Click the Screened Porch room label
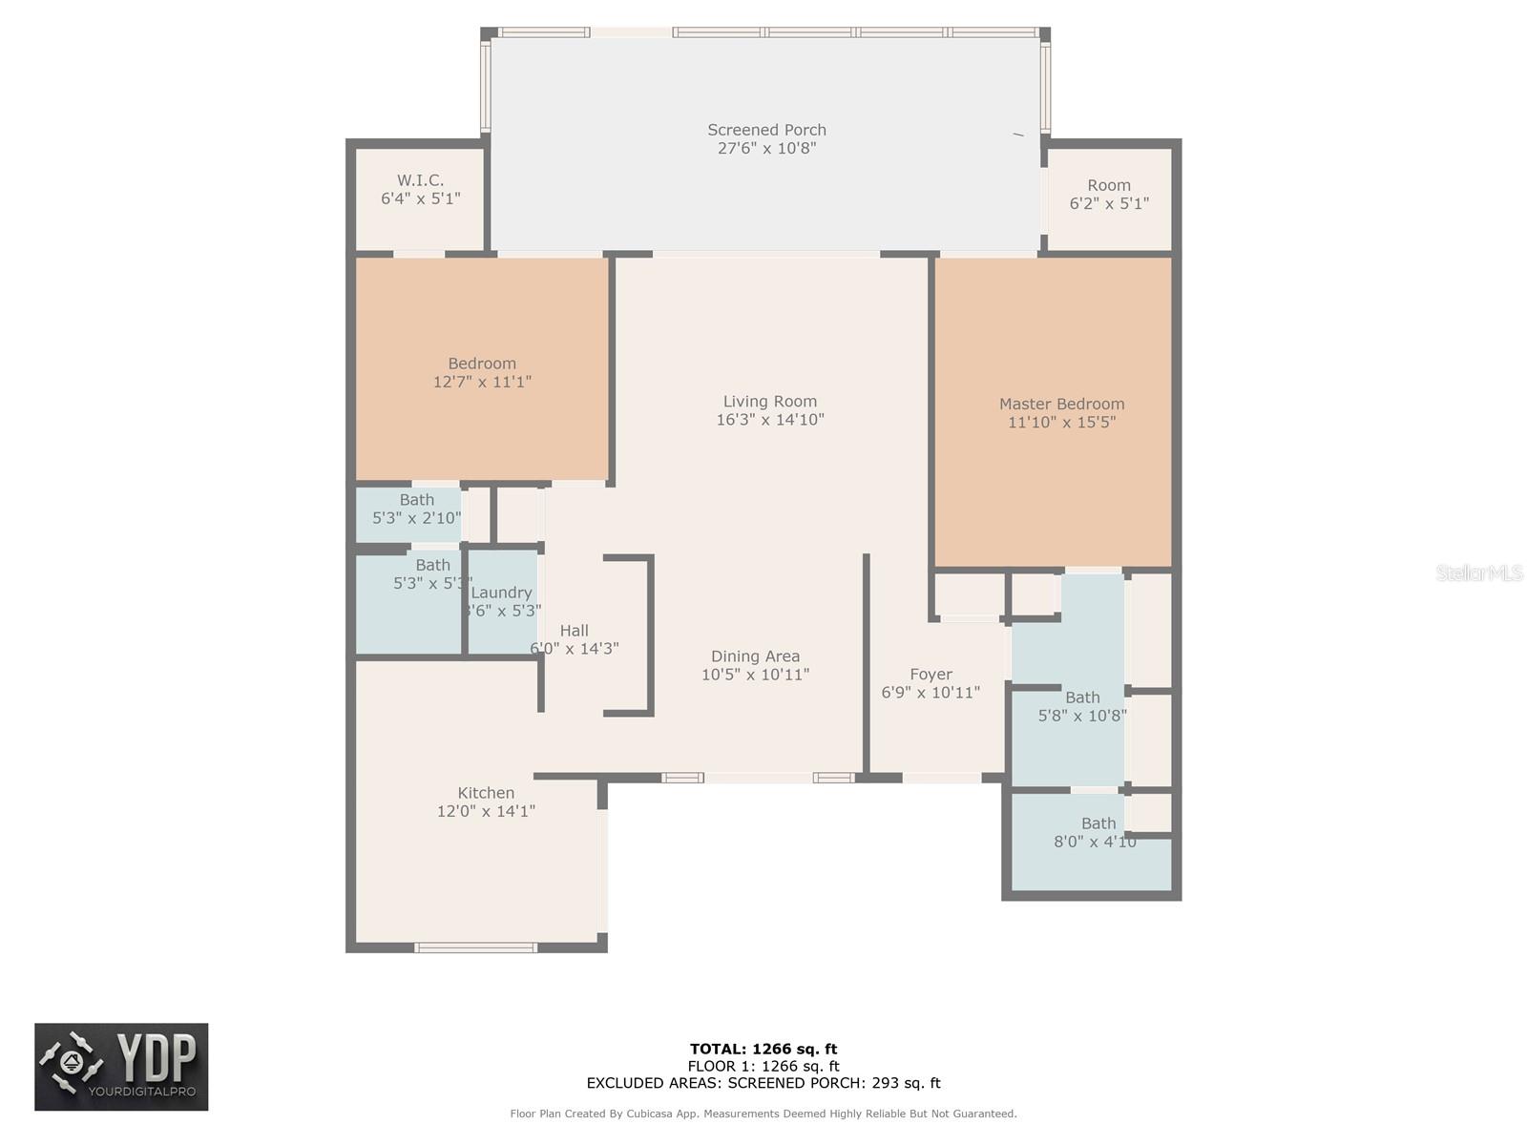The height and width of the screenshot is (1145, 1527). (766, 130)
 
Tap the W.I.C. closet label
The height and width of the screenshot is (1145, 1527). (421, 180)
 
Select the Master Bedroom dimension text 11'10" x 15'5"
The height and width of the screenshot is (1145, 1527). (1061, 422)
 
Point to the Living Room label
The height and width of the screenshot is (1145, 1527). (769, 402)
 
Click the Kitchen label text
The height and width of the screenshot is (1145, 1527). (486, 793)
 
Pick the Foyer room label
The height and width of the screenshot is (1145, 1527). (931, 675)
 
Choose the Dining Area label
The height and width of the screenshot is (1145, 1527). (755, 656)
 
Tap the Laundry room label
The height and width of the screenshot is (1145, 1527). (501, 593)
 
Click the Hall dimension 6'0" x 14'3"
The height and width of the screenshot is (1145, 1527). (575, 649)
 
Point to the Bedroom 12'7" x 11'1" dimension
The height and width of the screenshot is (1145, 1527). (482, 382)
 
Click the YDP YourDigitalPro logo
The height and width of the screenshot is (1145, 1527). (121, 1067)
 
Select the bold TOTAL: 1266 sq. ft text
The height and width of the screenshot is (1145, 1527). (763, 1049)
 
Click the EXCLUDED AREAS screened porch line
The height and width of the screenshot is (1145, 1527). (763, 1083)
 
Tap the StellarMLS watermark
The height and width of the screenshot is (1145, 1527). (1478, 572)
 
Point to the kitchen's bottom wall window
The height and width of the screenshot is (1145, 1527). (475, 947)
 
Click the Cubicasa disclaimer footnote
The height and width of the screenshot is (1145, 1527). (763, 1114)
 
